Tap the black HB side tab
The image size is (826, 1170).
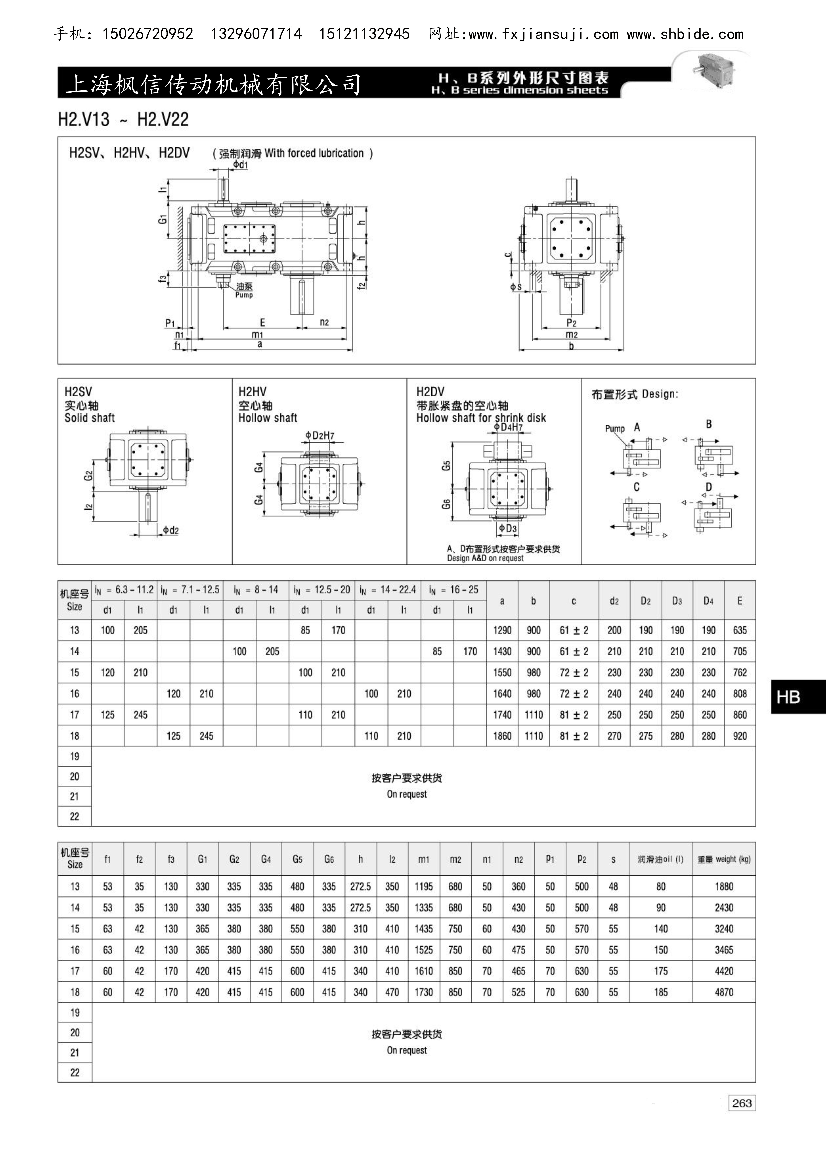coord(798,697)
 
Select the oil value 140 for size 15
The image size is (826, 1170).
coord(660,928)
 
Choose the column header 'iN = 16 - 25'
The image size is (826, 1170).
coord(453,590)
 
